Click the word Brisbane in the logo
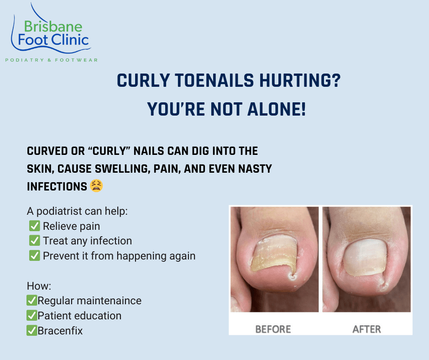pyautogui.click(x=53, y=26)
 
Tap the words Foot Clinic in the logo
pyautogui.click(x=53, y=40)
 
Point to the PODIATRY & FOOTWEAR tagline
pyautogui.click(x=52, y=60)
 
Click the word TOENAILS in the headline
pyautogui.click(x=214, y=80)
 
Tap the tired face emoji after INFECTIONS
pyautogui.click(x=96, y=186)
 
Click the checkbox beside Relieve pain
pyautogui.click(x=35, y=226)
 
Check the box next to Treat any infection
pyautogui.click(x=35, y=241)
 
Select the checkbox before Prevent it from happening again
pyautogui.click(x=35, y=255)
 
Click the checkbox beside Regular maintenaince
pyautogui.click(x=32, y=300)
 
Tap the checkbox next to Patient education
pyautogui.click(x=32, y=315)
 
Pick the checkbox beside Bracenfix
pyautogui.click(x=32, y=330)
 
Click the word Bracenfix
pyautogui.click(x=60, y=331)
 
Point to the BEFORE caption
pyautogui.click(x=273, y=329)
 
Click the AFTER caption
pyautogui.click(x=366, y=329)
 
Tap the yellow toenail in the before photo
pyautogui.click(x=273, y=255)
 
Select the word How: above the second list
pyautogui.click(x=39, y=286)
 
